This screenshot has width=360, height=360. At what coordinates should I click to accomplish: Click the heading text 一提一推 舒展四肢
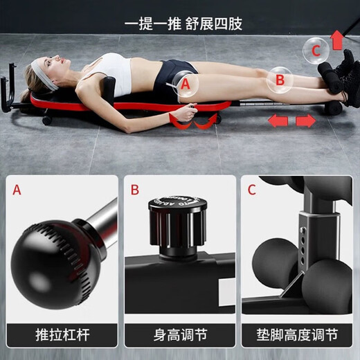click(x=183, y=23)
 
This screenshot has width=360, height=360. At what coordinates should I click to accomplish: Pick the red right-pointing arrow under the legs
click(x=305, y=122)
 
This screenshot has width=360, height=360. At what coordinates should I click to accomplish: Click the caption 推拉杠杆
click(x=61, y=336)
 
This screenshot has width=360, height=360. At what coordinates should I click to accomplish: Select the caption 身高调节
click(x=179, y=336)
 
